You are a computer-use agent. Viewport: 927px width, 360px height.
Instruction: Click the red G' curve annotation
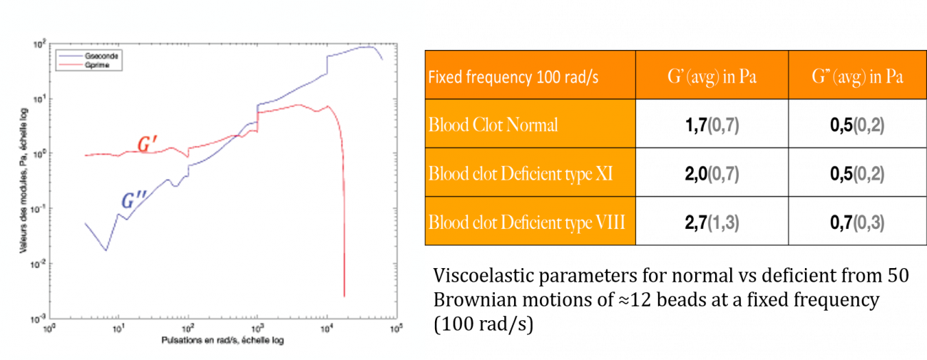[x=147, y=146]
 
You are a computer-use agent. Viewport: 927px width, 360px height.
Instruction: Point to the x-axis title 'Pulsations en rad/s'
[x=222, y=340]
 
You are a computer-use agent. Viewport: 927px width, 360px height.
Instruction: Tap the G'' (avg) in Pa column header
[x=857, y=76]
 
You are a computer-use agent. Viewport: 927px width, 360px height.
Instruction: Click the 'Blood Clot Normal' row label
[x=493, y=125]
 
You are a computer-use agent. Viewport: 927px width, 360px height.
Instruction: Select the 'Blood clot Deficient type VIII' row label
[x=527, y=222]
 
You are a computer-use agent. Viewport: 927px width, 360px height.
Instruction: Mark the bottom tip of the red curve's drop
[x=344, y=296]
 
